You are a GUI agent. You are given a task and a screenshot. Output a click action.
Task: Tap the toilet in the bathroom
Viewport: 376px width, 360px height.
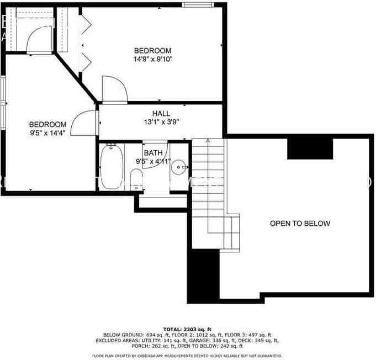click(x=136, y=178)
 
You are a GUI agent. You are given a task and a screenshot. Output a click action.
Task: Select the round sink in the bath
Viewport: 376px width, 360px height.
click(x=179, y=166)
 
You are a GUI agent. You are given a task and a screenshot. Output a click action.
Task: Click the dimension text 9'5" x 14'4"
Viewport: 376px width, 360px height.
click(x=48, y=133)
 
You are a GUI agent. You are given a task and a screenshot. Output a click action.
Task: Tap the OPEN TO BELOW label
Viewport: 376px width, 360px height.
click(x=300, y=224)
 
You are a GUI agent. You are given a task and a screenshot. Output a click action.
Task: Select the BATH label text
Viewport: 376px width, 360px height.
click(x=153, y=153)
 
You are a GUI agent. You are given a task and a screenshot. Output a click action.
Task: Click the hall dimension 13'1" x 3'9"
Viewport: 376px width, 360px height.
click(x=161, y=122)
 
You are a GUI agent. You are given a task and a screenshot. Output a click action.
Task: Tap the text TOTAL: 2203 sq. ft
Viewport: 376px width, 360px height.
click(x=187, y=329)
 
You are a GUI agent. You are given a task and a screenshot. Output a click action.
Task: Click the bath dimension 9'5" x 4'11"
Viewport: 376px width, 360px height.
click(x=153, y=162)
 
